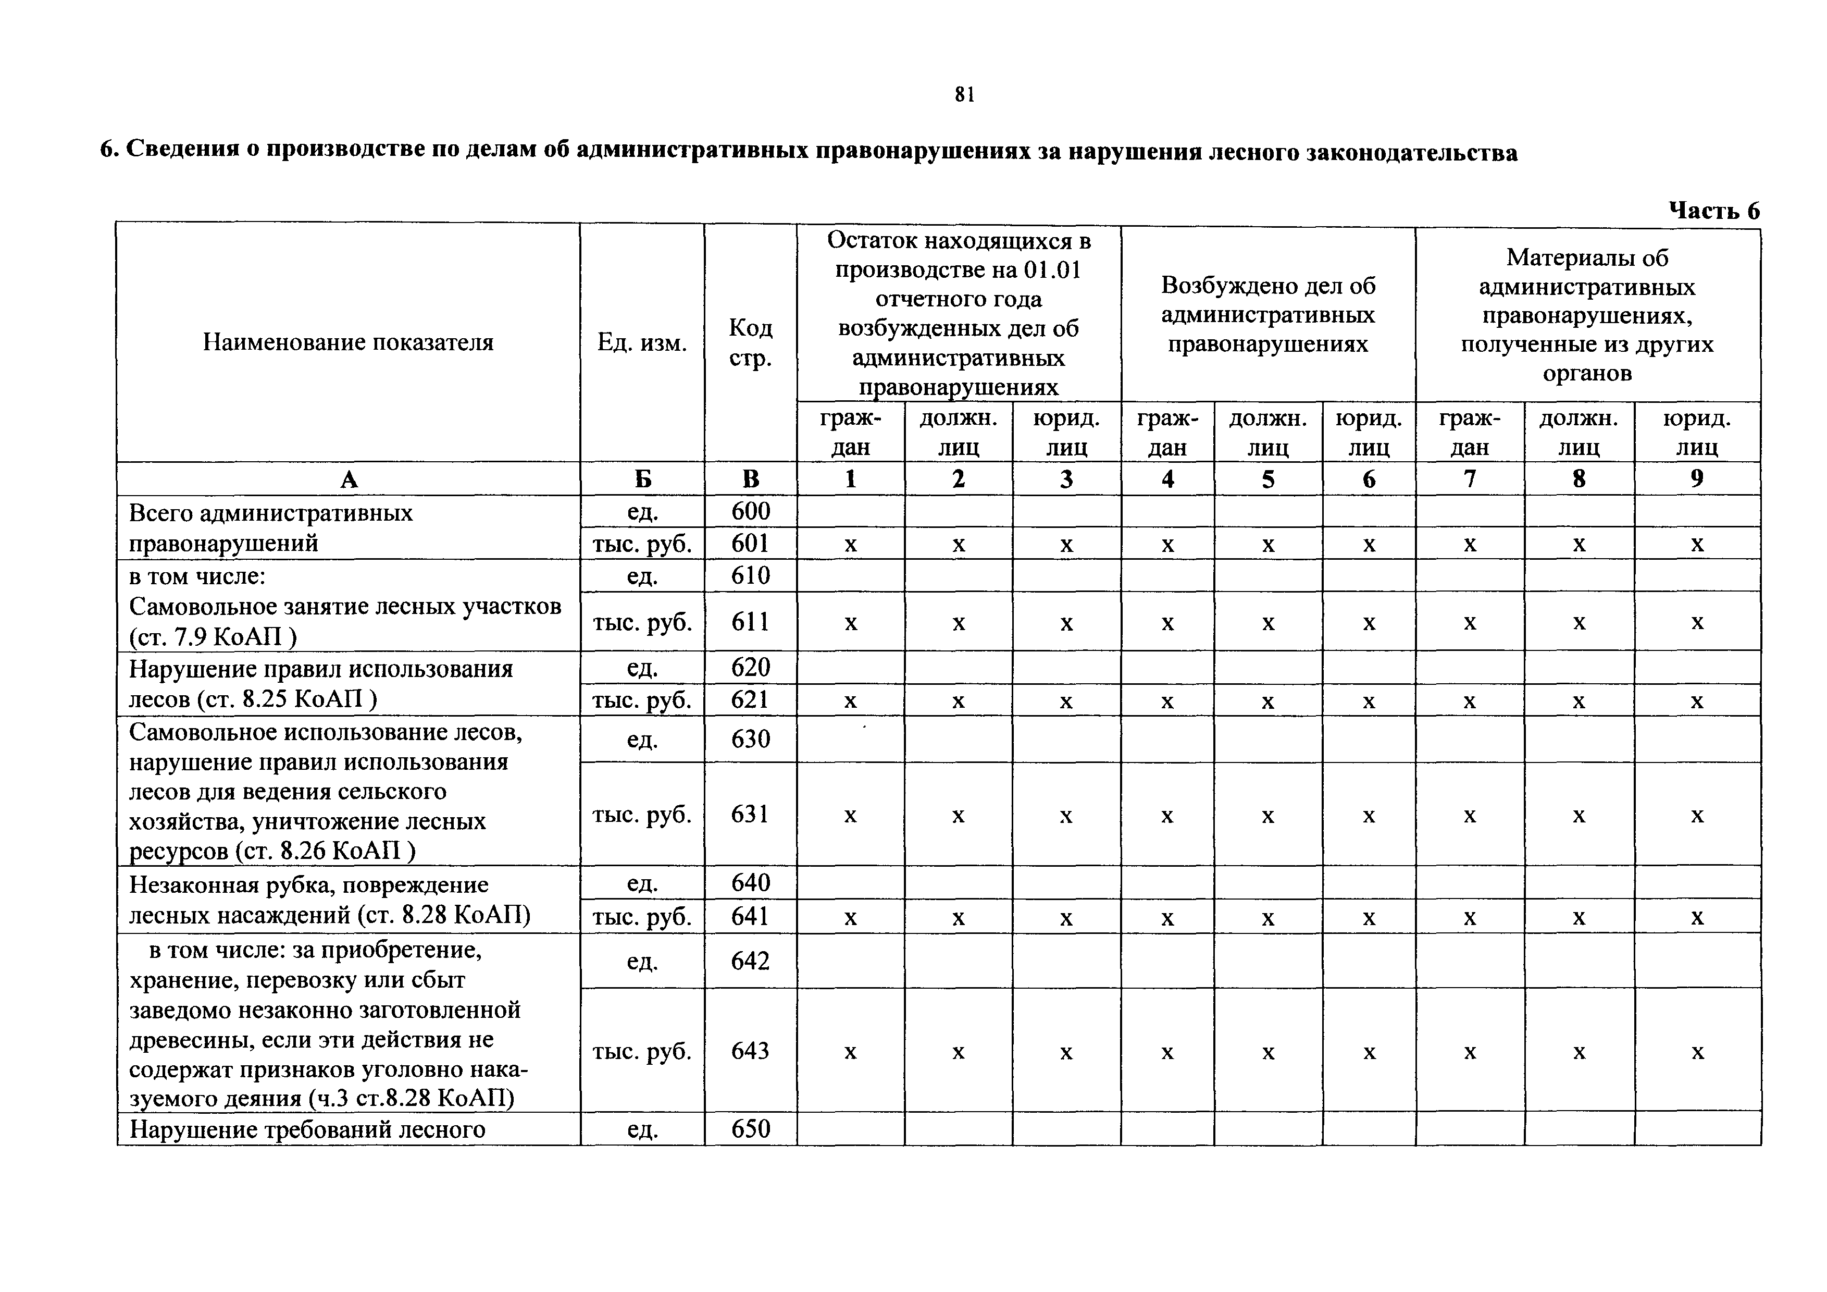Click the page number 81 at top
coord(964,95)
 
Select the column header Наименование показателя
coord(347,342)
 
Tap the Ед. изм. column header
coord(641,342)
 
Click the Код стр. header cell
coord(750,342)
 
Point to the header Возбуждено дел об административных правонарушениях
coord(1267,314)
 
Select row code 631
coord(750,814)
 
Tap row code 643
coord(750,1051)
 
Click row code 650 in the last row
coord(750,1129)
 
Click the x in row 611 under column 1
coord(851,622)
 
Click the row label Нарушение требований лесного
coord(307,1129)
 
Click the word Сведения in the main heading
coord(183,151)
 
